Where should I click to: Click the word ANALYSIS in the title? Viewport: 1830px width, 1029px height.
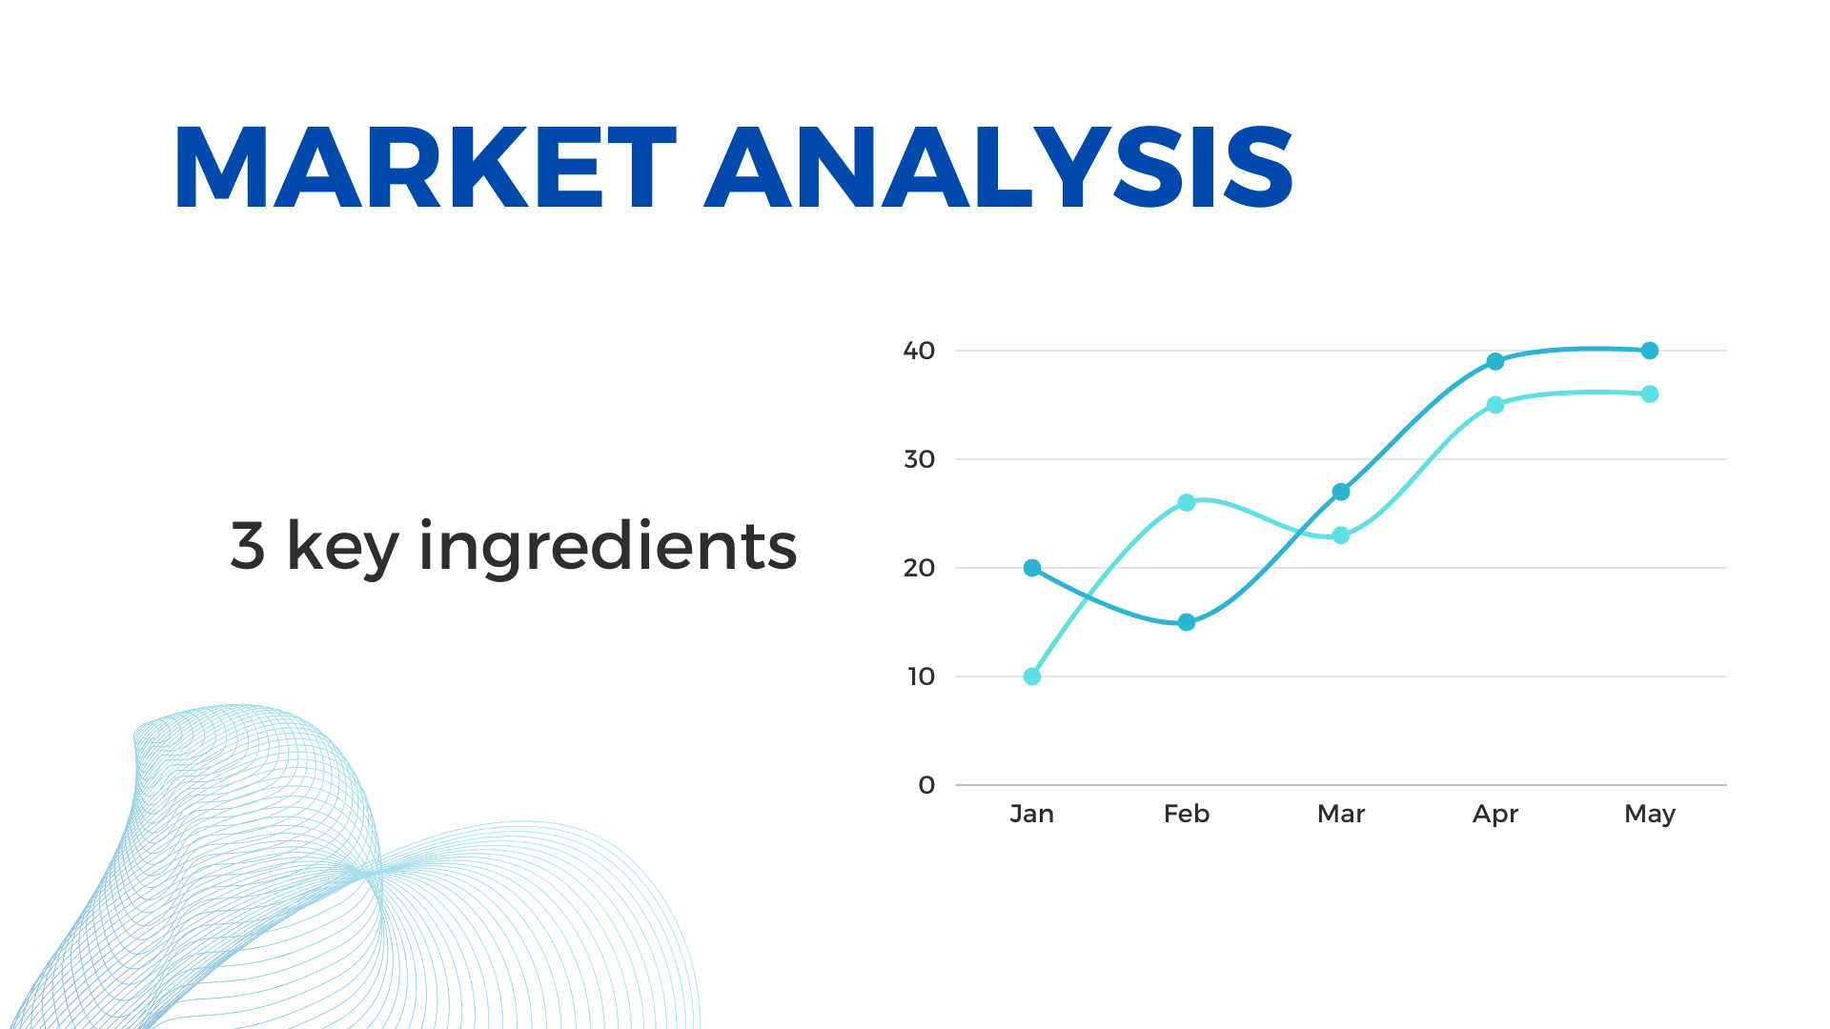pos(999,168)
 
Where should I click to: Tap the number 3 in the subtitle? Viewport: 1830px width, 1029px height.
pos(248,546)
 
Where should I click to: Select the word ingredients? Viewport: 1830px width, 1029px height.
pos(608,548)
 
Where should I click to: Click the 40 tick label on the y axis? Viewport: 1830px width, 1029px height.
pos(920,351)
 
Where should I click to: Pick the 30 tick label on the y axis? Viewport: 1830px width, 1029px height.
pos(920,459)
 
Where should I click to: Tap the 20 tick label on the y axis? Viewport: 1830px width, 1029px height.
pos(920,568)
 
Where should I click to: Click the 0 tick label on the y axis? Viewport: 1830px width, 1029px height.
pos(927,785)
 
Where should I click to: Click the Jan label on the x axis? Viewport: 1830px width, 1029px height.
pos(1032,814)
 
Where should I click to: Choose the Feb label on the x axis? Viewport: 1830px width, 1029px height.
pos(1187,814)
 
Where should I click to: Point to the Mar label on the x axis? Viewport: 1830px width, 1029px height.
pos(1341,814)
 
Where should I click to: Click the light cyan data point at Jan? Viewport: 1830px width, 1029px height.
pos(1032,676)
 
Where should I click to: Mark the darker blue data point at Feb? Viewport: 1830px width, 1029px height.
pos(1187,622)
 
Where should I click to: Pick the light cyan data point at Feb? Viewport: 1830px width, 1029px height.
pos(1187,502)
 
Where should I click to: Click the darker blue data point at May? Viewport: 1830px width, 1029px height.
pos(1650,351)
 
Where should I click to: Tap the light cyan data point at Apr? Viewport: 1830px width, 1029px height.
pos(1495,405)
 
